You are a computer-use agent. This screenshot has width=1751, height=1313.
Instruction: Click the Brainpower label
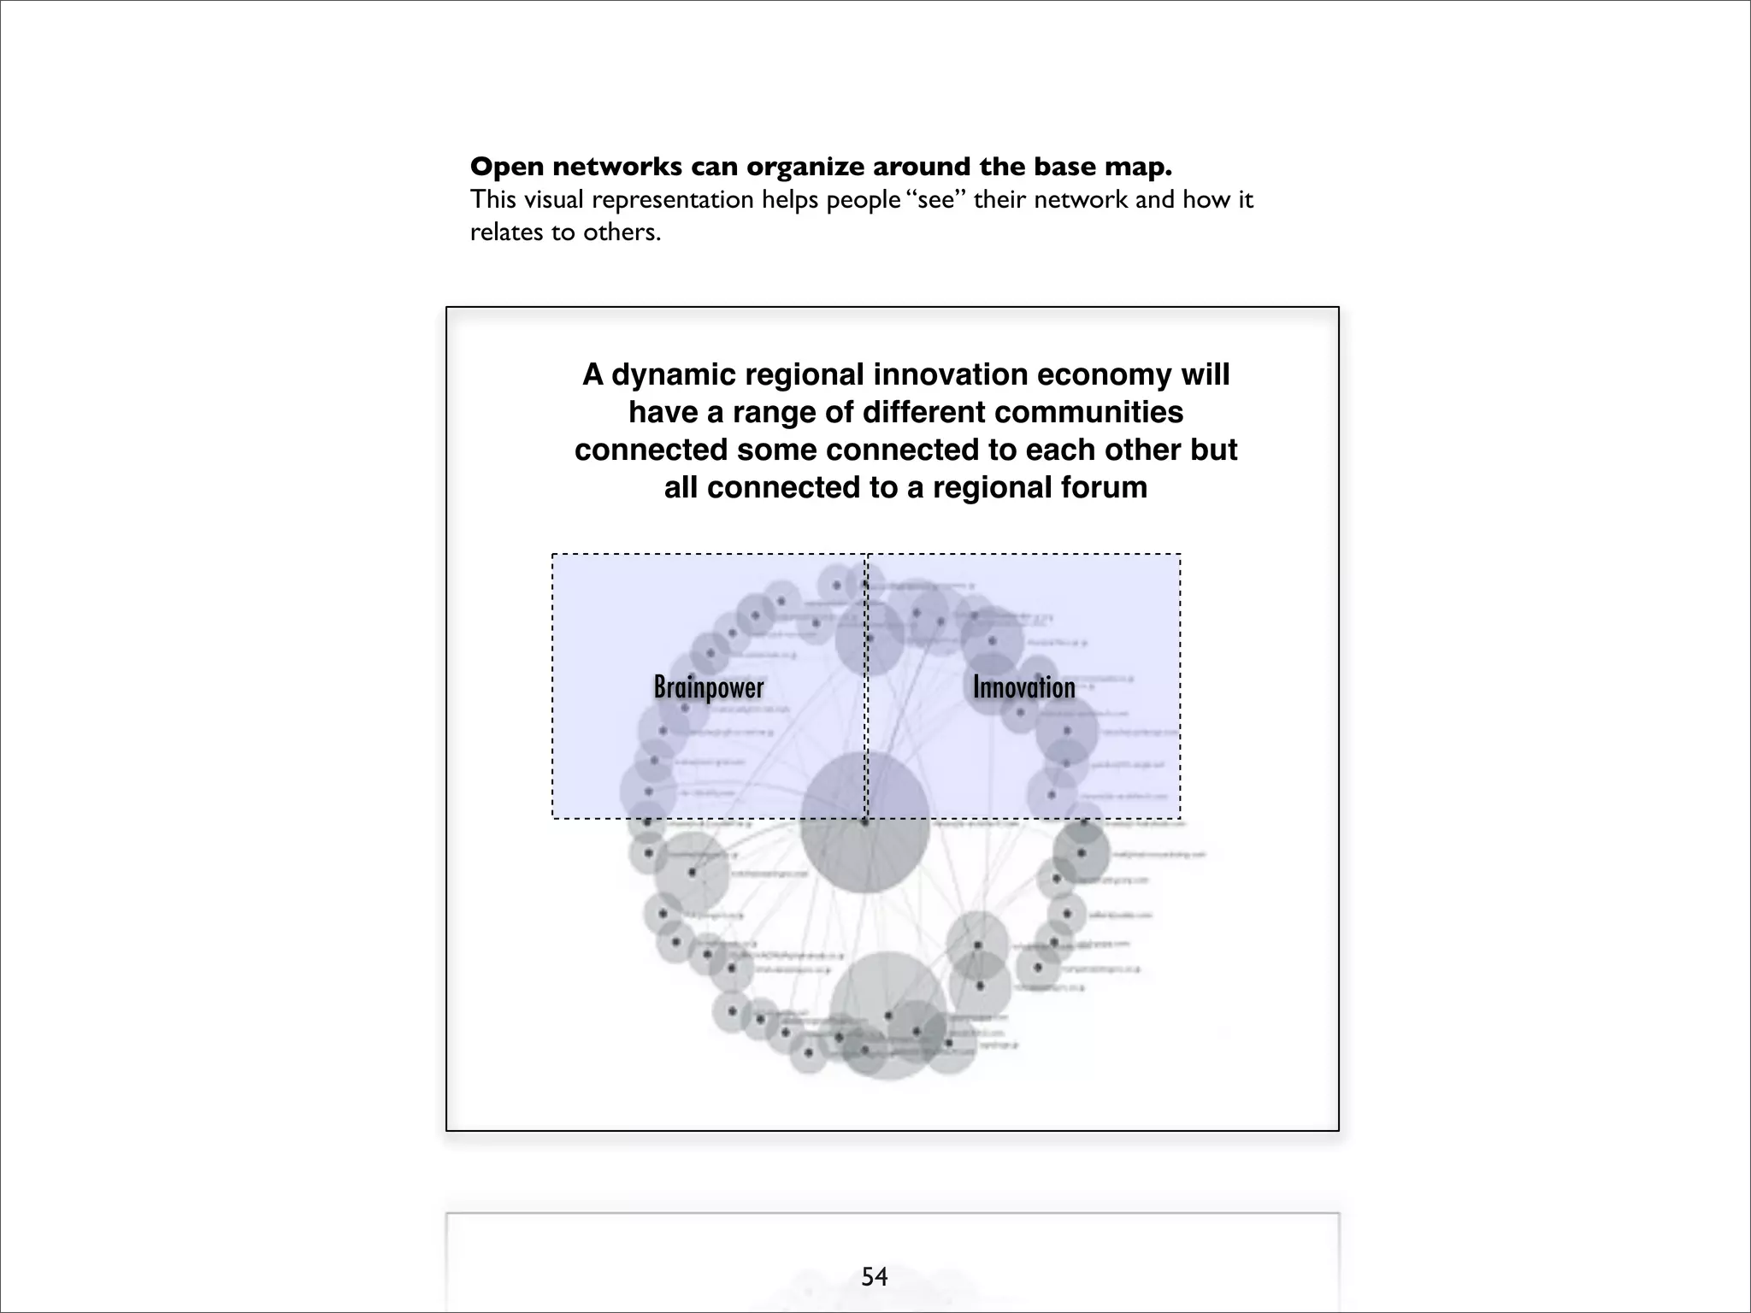709,687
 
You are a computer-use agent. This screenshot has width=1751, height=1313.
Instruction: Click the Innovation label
1023,687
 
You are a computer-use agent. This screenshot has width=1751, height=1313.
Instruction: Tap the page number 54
875,1277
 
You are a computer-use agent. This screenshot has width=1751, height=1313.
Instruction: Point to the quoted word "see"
936,200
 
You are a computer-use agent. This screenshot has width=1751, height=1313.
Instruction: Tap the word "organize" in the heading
810,167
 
